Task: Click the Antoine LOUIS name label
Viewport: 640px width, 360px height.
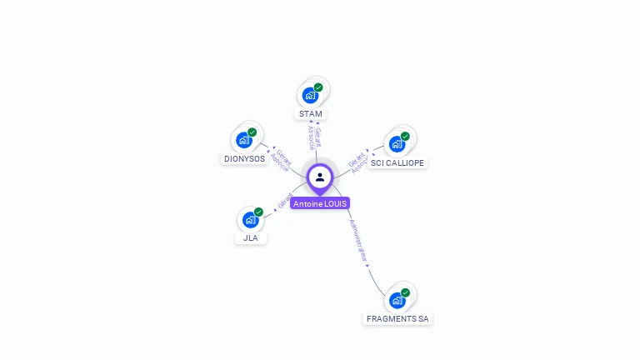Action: click(320, 203)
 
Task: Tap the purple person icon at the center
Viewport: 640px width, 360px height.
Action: click(320, 177)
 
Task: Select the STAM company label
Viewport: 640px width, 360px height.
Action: click(310, 113)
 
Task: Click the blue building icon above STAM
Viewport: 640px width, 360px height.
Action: click(311, 95)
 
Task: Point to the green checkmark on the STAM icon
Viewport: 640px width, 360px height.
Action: click(318, 87)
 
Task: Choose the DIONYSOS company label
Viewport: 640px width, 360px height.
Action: click(244, 158)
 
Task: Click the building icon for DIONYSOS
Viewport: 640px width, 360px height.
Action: click(244, 140)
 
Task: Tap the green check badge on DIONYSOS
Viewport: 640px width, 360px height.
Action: click(252, 132)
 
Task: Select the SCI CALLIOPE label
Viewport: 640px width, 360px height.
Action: click(397, 162)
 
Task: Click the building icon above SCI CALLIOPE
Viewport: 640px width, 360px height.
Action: click(397, 144)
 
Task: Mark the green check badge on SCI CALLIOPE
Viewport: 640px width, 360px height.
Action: click(405, 136)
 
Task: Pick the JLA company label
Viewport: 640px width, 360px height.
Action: click(251, 237)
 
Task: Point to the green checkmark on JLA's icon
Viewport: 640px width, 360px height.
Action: click(258, 212)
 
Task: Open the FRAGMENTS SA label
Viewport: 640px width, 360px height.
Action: click(398, 318)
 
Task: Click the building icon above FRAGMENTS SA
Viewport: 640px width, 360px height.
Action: click(397, 300)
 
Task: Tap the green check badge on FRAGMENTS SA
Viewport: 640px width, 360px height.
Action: click(405, 292)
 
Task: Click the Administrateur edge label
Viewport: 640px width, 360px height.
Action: click(358, 242)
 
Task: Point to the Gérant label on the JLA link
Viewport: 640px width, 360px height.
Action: click(284, 201)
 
